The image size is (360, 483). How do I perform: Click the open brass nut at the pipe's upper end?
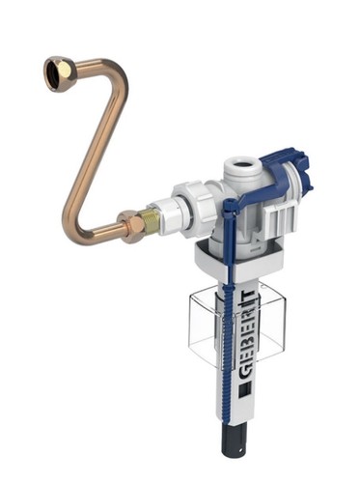point(59,73)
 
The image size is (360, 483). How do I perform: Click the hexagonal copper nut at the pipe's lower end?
point(130,226)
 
